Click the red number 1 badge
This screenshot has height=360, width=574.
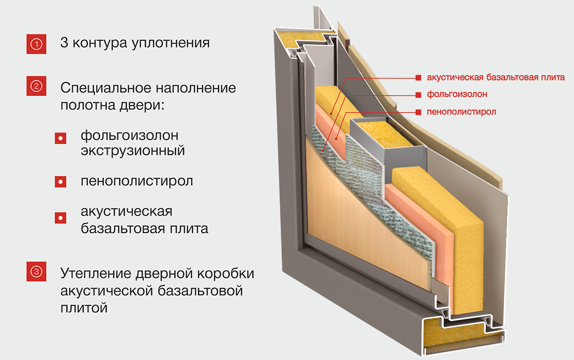[37, 43]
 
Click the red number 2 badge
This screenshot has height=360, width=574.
[37, 87]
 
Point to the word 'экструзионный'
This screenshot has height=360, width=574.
[133, 151]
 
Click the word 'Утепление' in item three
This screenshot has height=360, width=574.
[95, 274]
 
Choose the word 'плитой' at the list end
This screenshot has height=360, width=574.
[84, 307]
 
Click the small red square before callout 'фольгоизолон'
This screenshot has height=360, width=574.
[418, 94]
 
